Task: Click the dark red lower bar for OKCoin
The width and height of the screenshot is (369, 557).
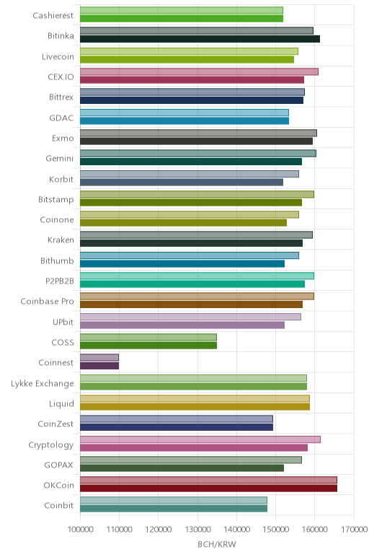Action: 208,488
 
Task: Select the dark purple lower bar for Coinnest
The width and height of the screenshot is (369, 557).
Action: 99,366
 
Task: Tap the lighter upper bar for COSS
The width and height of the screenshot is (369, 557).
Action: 148,337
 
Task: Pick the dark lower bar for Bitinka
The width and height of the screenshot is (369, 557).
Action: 200,39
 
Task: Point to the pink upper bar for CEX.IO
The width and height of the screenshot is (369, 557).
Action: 199,71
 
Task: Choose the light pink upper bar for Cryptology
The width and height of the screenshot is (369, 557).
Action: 200,439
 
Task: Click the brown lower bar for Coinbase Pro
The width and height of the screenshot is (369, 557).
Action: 191,304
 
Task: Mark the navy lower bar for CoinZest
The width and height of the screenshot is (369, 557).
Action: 177,427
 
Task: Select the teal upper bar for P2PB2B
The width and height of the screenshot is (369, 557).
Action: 197,276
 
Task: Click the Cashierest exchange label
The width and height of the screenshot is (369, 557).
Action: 53,15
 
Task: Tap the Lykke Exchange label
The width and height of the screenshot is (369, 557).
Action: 43,383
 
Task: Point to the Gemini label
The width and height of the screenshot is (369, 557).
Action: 59,158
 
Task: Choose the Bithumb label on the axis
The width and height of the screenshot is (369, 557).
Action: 57,260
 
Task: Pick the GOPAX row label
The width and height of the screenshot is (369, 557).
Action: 58,465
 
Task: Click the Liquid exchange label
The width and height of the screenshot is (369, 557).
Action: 61,403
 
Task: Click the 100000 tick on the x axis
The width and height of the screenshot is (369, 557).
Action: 80,530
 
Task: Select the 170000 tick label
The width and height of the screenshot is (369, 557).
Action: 354,530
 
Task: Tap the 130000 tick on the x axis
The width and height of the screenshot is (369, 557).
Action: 197,530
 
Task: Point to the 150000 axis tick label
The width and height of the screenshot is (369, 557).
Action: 276,530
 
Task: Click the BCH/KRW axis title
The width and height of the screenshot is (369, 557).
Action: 217,544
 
